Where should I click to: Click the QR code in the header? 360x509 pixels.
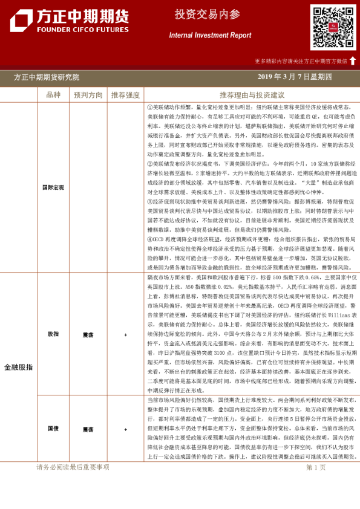tap(333, 27)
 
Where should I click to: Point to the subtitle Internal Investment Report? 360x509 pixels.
tap(210, 35)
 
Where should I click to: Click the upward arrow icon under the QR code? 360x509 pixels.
tap(353, 60)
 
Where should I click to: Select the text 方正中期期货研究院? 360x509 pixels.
tap(47, 77)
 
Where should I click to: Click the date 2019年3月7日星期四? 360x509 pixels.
tap(295, 77)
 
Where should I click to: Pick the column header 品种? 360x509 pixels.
tap(53, 95)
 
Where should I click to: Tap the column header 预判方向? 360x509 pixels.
tap(88, 95)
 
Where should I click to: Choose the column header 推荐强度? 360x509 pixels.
tap(125, 95)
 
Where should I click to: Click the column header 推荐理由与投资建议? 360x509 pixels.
tap(252, 95)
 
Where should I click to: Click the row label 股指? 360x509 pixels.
tap(53, 334)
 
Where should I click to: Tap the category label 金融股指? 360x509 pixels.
tap(19, 367)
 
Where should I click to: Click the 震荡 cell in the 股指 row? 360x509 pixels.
tap(88, 334)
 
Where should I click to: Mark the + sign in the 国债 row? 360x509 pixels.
tap(125, 429)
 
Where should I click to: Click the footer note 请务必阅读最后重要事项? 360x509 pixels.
tap(73, 467)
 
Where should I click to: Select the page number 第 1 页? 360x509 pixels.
tap(316, 467)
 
